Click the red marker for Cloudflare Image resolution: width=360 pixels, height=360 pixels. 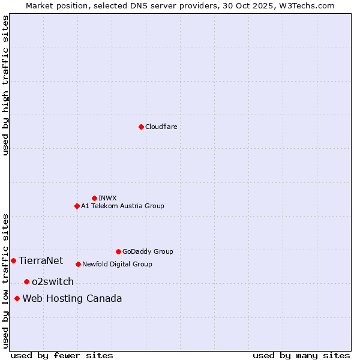pos(141,127)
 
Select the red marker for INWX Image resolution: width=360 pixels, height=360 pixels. pos(94,198)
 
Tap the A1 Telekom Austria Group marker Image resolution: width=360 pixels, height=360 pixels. pos(77,206)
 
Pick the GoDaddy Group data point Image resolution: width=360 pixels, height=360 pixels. pos(118,251)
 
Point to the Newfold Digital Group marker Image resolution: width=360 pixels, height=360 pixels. pos(78,264)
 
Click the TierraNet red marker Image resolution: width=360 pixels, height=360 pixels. pos(13,260)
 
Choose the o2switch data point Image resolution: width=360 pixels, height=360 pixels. pos(26,281)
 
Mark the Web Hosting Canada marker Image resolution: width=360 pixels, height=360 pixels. pos(17,298)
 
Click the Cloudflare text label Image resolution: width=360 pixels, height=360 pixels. pos(161,127)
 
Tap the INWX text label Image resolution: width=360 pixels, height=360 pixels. pos(107,198)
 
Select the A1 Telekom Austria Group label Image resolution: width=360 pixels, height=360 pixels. pos(122,206)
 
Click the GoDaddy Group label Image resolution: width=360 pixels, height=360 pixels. pos(148,251)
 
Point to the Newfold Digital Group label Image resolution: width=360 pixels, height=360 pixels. pos(117,264)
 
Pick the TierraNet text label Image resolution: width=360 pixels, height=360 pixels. pos(41,260)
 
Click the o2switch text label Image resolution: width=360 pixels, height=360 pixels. pos(53,281)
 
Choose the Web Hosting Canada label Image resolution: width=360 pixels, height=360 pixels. pos(72,298)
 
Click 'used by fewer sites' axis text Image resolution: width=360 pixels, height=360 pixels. pos(62,355)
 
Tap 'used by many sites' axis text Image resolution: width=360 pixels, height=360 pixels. pos(301,355)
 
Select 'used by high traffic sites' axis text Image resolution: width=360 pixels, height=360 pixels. pos(5,85)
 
